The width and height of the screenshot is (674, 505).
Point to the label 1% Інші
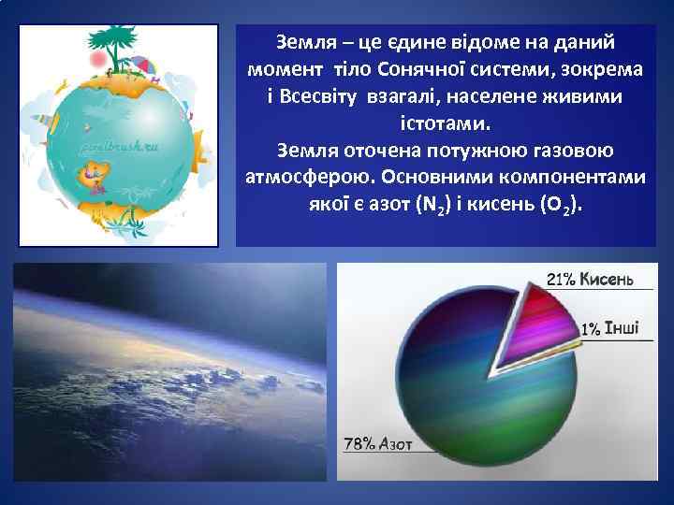click(x=609, y=328)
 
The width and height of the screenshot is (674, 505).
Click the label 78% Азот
click(x=378, y=444)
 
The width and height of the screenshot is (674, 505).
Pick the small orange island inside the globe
click(x=95, y=172)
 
